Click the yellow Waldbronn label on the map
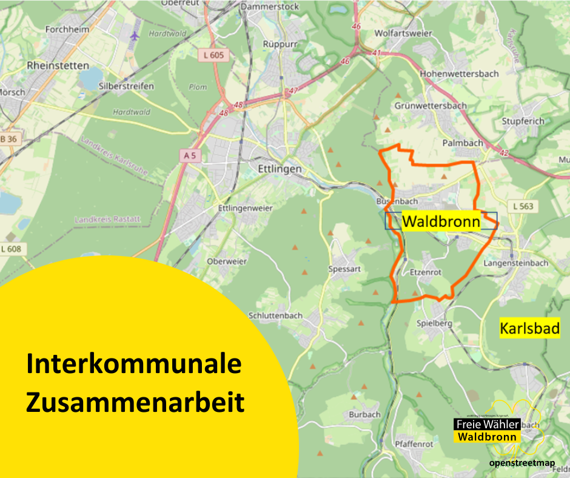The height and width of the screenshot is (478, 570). pos(441,221)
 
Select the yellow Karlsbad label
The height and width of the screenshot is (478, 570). pos(529,329)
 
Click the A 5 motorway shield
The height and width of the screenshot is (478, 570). pos(189,156)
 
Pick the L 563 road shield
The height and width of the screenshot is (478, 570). pos(523,206)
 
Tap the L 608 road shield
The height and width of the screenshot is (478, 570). pos(10,248)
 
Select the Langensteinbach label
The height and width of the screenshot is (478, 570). pos(516,263)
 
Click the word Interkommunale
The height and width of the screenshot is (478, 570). pos(134,365)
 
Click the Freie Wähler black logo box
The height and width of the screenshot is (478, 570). pos(488,424)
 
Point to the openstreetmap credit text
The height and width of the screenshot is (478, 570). pos(522,463)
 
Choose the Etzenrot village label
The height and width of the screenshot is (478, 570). pos(425,272)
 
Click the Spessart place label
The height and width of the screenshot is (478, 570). pos(344,269)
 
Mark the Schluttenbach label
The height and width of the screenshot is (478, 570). pos(275,315)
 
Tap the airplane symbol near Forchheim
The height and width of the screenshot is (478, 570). pos(134,35)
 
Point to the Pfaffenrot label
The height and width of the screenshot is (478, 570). pos(414,443)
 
